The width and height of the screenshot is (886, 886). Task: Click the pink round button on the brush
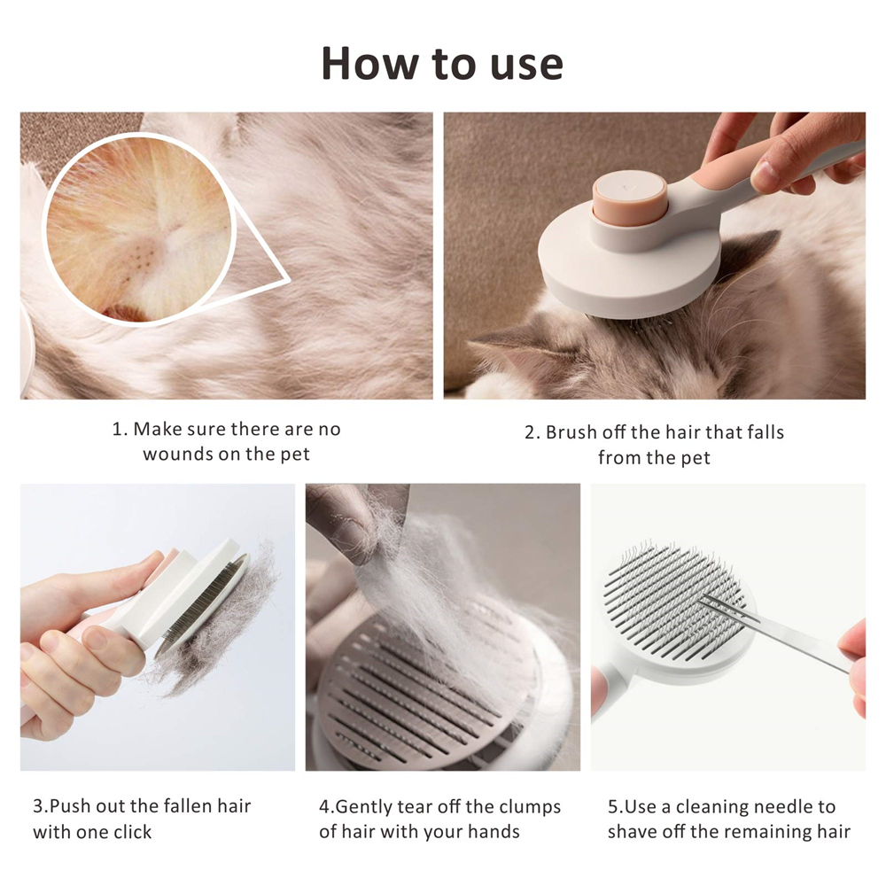pyautogui.click(x=629, y=198)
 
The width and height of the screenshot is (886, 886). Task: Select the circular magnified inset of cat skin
pyautogui.click(x=139, y=229)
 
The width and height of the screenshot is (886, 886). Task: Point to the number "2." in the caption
pyautogui.click(x=532, y=432)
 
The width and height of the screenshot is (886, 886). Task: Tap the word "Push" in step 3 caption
pyautogui.click(x=69, y=805)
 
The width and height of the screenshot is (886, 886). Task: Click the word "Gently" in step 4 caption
pyautogui.click(x=363, y=807)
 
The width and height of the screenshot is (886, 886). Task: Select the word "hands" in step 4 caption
pyautogui.click(x=495, y=832)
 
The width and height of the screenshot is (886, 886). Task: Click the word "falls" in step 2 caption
pyautogui.click(x=766, y=432)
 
